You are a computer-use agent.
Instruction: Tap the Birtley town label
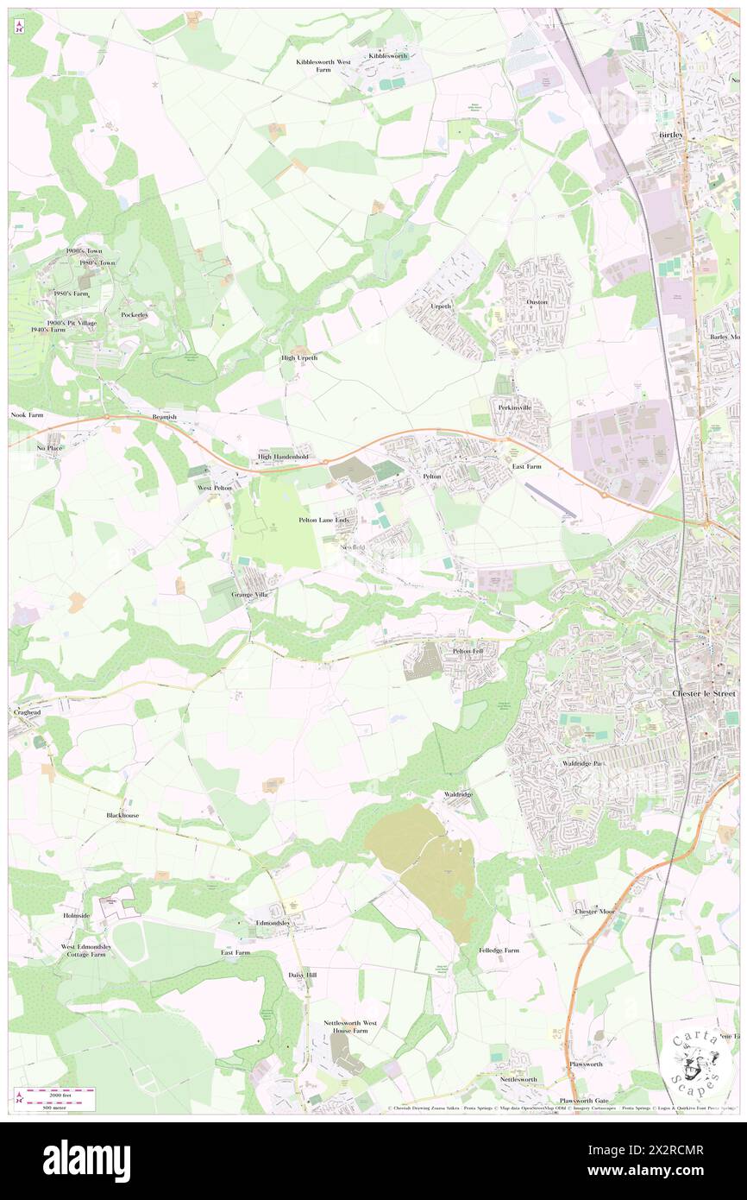(x=670, y=136)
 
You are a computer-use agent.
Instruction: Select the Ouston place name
(x=537, y=301)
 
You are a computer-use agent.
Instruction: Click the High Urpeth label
(x=299, y=357)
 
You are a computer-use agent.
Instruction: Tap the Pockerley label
(x=135, y=314)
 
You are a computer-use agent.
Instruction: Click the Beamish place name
(x=164, y=416)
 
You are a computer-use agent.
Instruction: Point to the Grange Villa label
(x=251, y=595)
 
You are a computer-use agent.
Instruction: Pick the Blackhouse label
(x=122, y=815)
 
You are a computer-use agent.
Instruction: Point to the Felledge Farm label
(x=499, y=950)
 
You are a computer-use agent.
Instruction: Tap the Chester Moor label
(x=595, y=911)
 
